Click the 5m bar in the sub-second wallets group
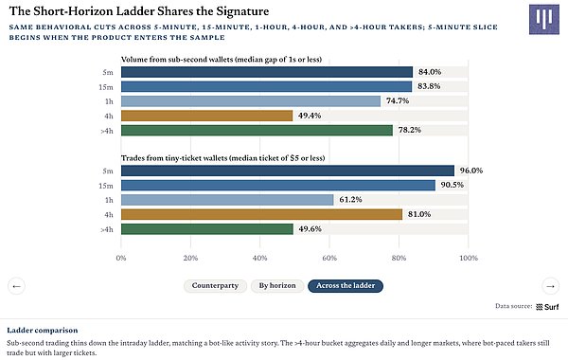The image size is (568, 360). pos(267,72)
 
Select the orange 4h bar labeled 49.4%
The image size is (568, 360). pos(206,116)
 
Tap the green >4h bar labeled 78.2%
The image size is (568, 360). pos(257,131)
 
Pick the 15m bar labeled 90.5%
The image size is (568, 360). pos(278,186)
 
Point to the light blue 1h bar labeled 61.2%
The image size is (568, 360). pos(227,200)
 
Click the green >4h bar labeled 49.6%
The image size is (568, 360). pos(207,229)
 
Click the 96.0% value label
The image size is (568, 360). pos(471,171)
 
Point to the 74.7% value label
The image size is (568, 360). pos(398,100)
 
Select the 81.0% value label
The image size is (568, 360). pos(419,214)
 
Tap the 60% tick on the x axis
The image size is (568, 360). pos(329,258)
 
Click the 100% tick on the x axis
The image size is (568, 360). pos(469,258)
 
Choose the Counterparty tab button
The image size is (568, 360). pos(215,286)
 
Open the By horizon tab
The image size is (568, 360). pos(277,286)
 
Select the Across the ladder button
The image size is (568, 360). pos(346,286)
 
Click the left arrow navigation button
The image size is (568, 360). pos(16,286)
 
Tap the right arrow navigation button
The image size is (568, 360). pos(551,286)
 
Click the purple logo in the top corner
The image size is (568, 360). pos(543,19)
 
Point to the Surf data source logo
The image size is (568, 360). pos(547,307)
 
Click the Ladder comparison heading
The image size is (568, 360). pos(43,331)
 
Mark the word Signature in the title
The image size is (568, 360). pos(242,11)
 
